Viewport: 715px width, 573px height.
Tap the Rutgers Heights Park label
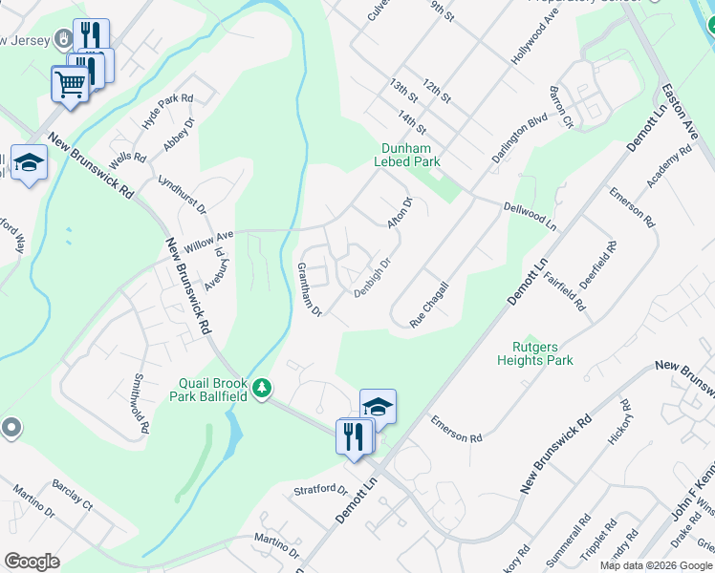click(x=535, y=353)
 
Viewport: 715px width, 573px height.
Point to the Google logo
click(x=32, y=562)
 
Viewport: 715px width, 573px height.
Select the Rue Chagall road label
click(x=429, y=305)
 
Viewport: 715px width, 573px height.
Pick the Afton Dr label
click(x=399, y=212)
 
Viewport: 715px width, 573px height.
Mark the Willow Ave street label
click(x=209, y=239)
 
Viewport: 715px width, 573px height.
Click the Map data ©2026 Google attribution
click(x=656, y=565)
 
